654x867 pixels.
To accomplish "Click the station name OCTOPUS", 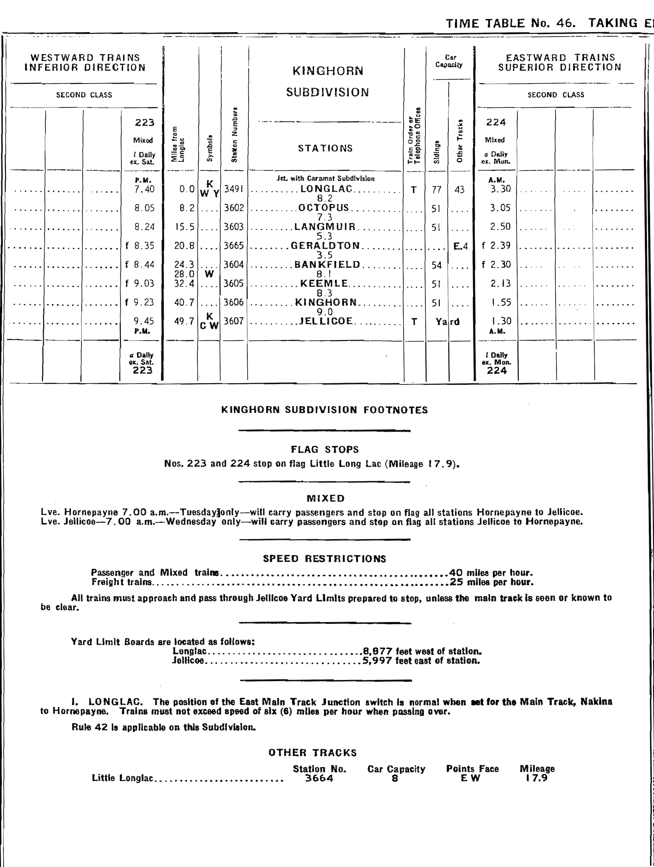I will (x=323, y=207).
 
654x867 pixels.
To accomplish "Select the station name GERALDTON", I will (x=325, y=246).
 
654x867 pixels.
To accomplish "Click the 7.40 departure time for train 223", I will (x=144, y=189).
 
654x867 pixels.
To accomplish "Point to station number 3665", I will (x=234, y=246).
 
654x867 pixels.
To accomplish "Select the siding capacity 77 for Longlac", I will (x=436, y=190).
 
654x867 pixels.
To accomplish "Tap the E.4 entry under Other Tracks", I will (x=460, y=246).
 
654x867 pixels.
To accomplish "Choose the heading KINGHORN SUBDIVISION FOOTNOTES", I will (x=325, y=410).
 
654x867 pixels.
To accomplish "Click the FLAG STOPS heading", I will (x=325, y=449).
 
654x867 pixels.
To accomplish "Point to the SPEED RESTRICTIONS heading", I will (x=325, y=559).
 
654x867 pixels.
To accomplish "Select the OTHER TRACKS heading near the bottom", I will (x=312, y=753).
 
